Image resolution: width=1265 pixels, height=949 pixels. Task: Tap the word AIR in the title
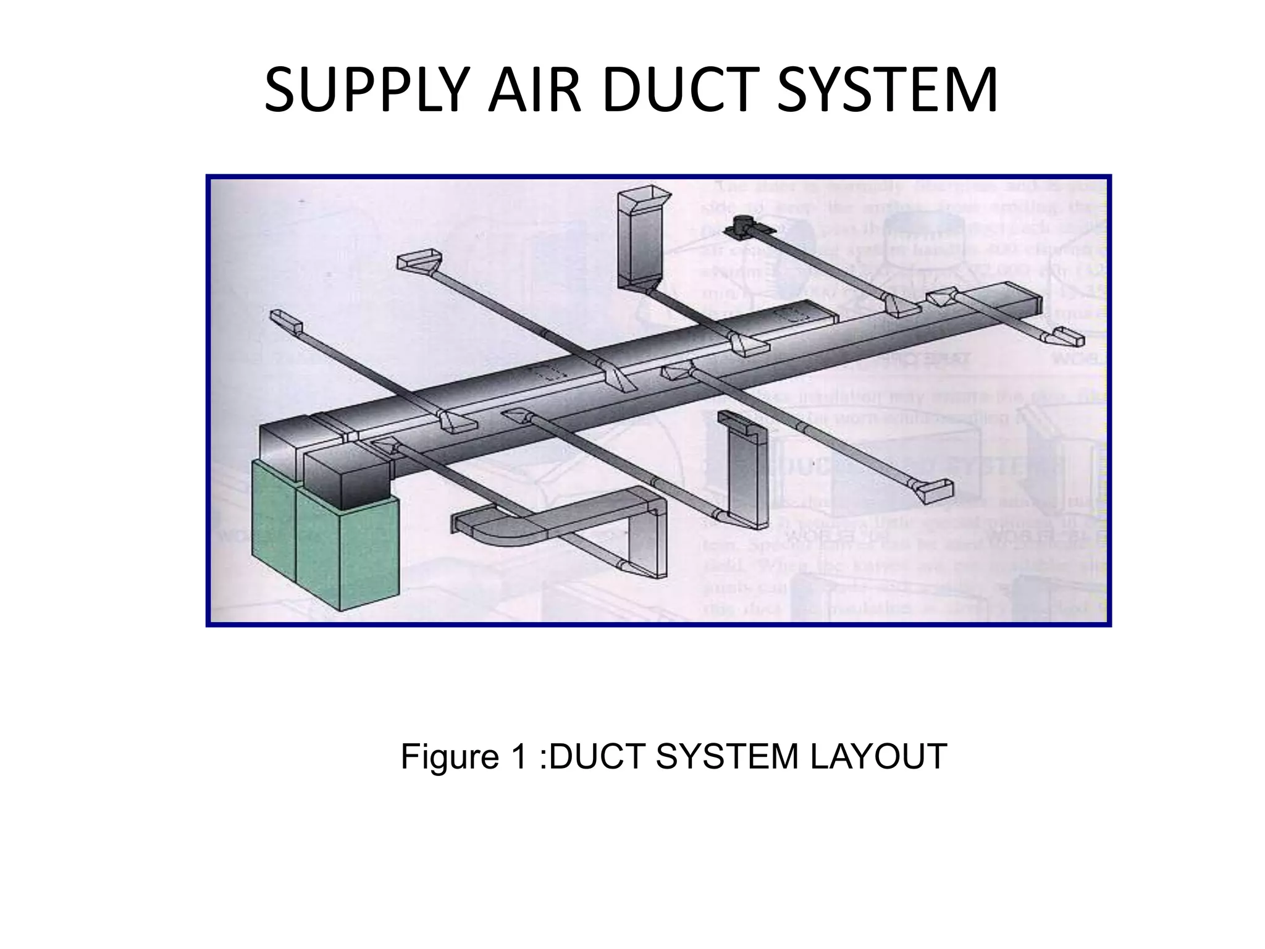click(x=534, y=91)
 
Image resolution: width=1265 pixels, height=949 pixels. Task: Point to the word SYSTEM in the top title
click(x=887, y=91)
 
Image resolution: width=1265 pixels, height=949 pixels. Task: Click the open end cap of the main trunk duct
click(x=1032, y=300)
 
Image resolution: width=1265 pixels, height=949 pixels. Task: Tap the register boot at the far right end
click(x=1067, y=337)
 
